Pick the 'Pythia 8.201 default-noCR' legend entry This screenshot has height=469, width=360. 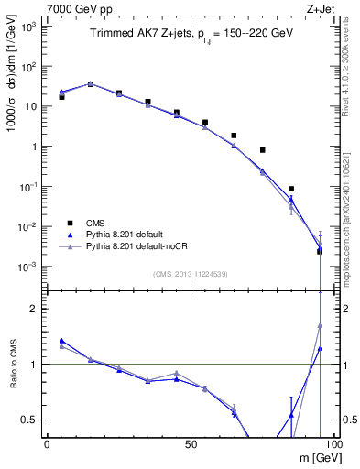pyautogui.click(x=142, y=246)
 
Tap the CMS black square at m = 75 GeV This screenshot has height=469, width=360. pyautogui.click(x=262, y=150)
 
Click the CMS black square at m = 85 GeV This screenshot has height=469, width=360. pyautogui.click(x=291, y=189)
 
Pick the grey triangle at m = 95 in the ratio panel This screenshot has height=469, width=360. pyautogui.click(x=320, y=325)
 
